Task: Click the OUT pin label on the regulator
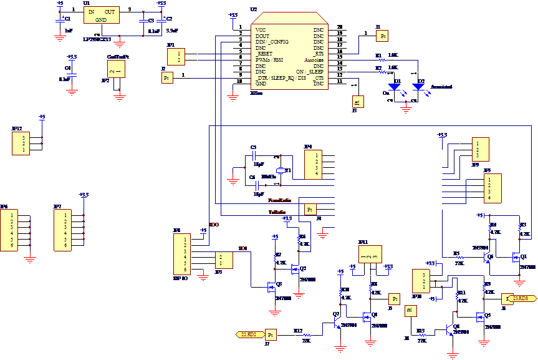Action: click(110, 12)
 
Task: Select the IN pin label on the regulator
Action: click(91, 12)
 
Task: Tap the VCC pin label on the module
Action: click(261, 30)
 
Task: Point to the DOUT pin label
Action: click(262, 36)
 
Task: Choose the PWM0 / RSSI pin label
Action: click(269, 60)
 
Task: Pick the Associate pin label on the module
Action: click(314, 60)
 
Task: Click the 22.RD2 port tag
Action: click(249, 335)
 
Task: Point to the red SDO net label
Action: click(214, 224)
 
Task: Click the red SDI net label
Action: click(243, 249)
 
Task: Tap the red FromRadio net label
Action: click(279, 201)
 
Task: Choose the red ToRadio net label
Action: click(278, 213)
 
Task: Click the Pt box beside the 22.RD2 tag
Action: click(270, 335)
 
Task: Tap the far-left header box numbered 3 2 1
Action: click(21, 144)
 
